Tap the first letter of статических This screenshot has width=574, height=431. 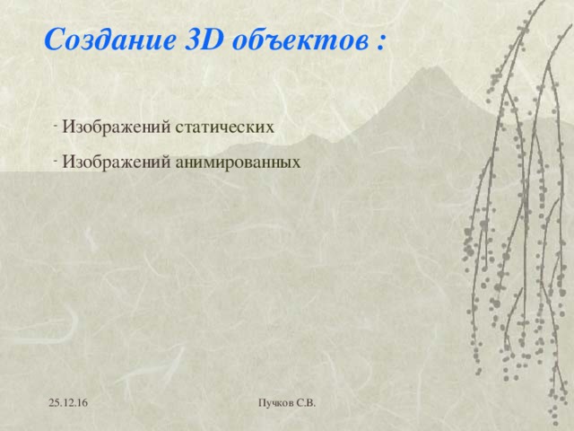coord(178,128)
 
